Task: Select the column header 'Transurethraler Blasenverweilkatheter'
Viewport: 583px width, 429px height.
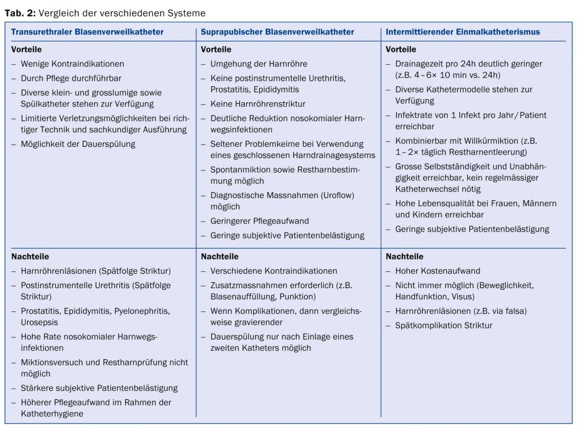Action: coord(87,32)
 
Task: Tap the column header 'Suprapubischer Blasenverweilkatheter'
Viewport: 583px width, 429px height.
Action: coord(277,32)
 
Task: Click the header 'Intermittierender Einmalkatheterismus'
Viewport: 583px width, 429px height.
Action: coord(463,32)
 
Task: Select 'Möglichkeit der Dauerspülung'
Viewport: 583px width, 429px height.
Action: coord(78,144)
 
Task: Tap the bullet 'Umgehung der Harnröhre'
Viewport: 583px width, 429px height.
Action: coord(259,64)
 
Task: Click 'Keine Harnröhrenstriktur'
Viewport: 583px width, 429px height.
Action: coord(258,104)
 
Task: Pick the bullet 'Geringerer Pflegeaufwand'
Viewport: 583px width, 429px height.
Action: coord(259,221)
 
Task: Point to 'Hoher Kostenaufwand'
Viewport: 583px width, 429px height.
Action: coord(437,271)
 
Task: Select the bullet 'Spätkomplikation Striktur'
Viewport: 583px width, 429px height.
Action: coord(444,325)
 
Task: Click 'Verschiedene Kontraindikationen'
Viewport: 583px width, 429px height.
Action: coord(273,271)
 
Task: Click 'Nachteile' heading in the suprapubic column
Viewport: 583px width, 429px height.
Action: coord(219,256)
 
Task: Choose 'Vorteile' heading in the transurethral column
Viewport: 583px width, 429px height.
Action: coord(26,49)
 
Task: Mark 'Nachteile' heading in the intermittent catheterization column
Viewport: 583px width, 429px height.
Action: coord(404,256)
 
